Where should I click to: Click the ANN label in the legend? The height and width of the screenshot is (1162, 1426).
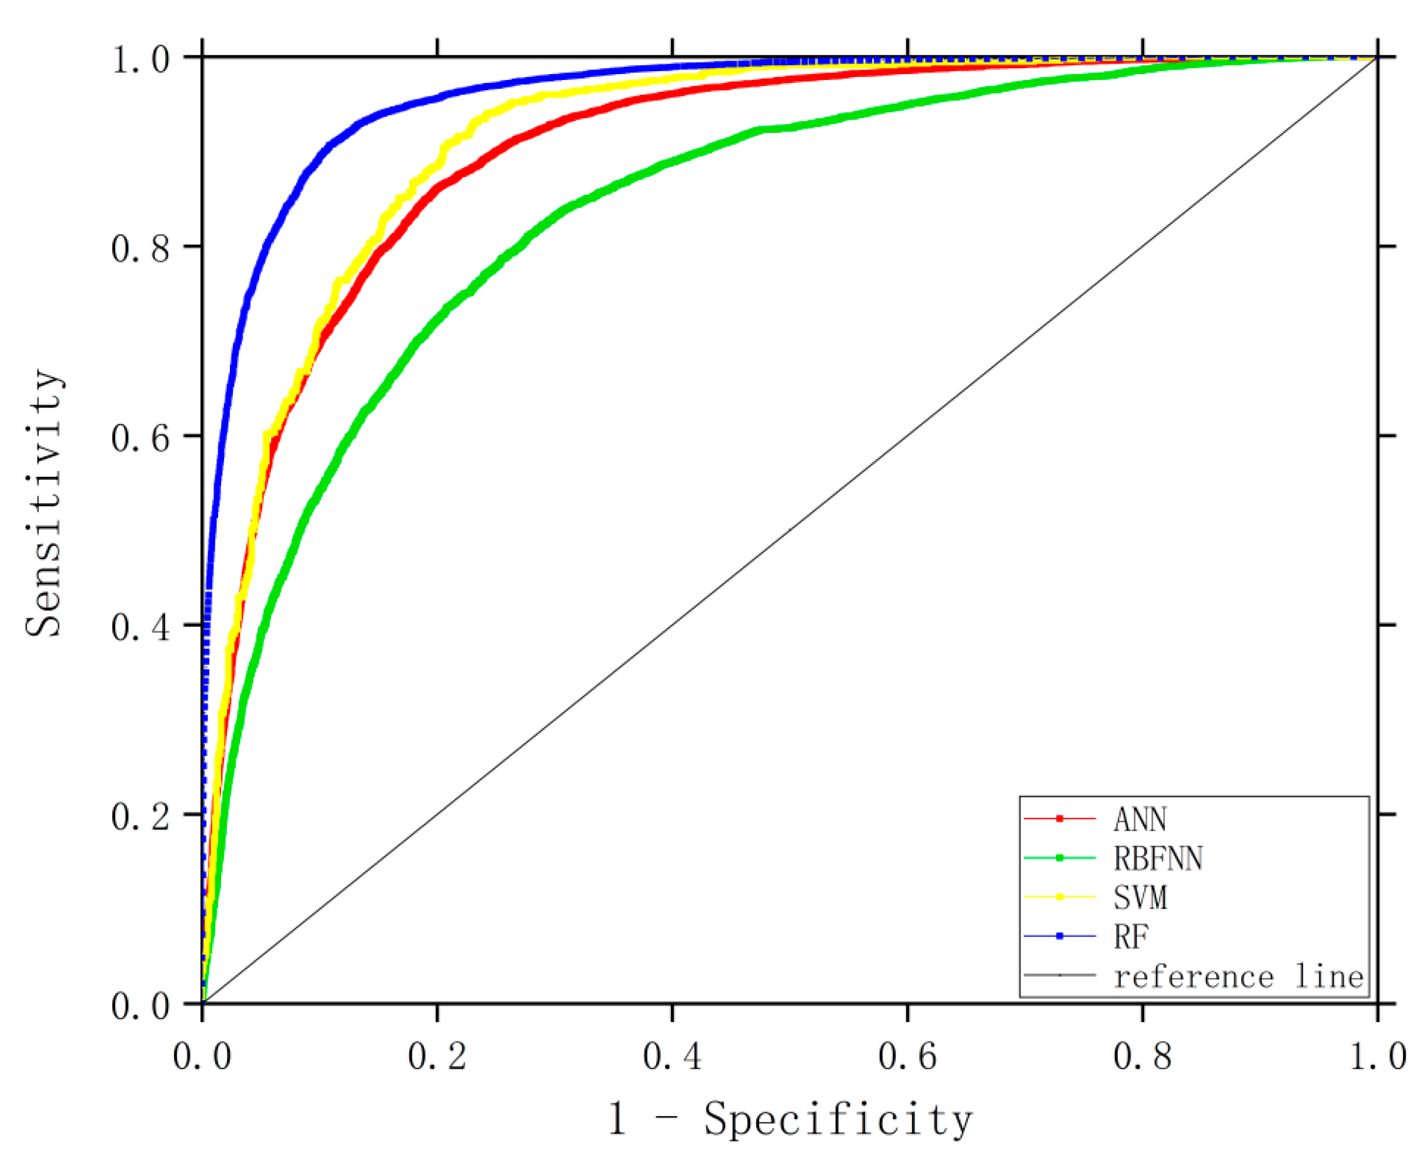point(1140,819)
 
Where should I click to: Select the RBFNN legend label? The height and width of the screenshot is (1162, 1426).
point(1158,858)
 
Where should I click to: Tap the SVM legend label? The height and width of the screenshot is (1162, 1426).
point(1140,897)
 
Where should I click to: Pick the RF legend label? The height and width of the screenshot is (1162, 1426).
point(1131,936)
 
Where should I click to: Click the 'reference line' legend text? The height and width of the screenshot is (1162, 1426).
point(1238,977)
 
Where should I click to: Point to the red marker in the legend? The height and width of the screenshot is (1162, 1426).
point(1059,819)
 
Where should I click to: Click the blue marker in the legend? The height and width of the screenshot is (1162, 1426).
point(1059,936)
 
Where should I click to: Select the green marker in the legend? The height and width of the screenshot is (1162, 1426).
point(1059,858)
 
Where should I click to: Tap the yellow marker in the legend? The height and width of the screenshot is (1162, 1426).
point(1059,897)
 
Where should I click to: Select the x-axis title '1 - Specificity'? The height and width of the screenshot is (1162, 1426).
point(790,1118)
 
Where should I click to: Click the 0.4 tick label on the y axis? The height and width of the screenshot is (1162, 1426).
point(141,628)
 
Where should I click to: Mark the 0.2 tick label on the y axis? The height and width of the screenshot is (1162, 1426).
point(141,817)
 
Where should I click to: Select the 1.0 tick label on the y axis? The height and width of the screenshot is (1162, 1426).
point(141,59)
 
